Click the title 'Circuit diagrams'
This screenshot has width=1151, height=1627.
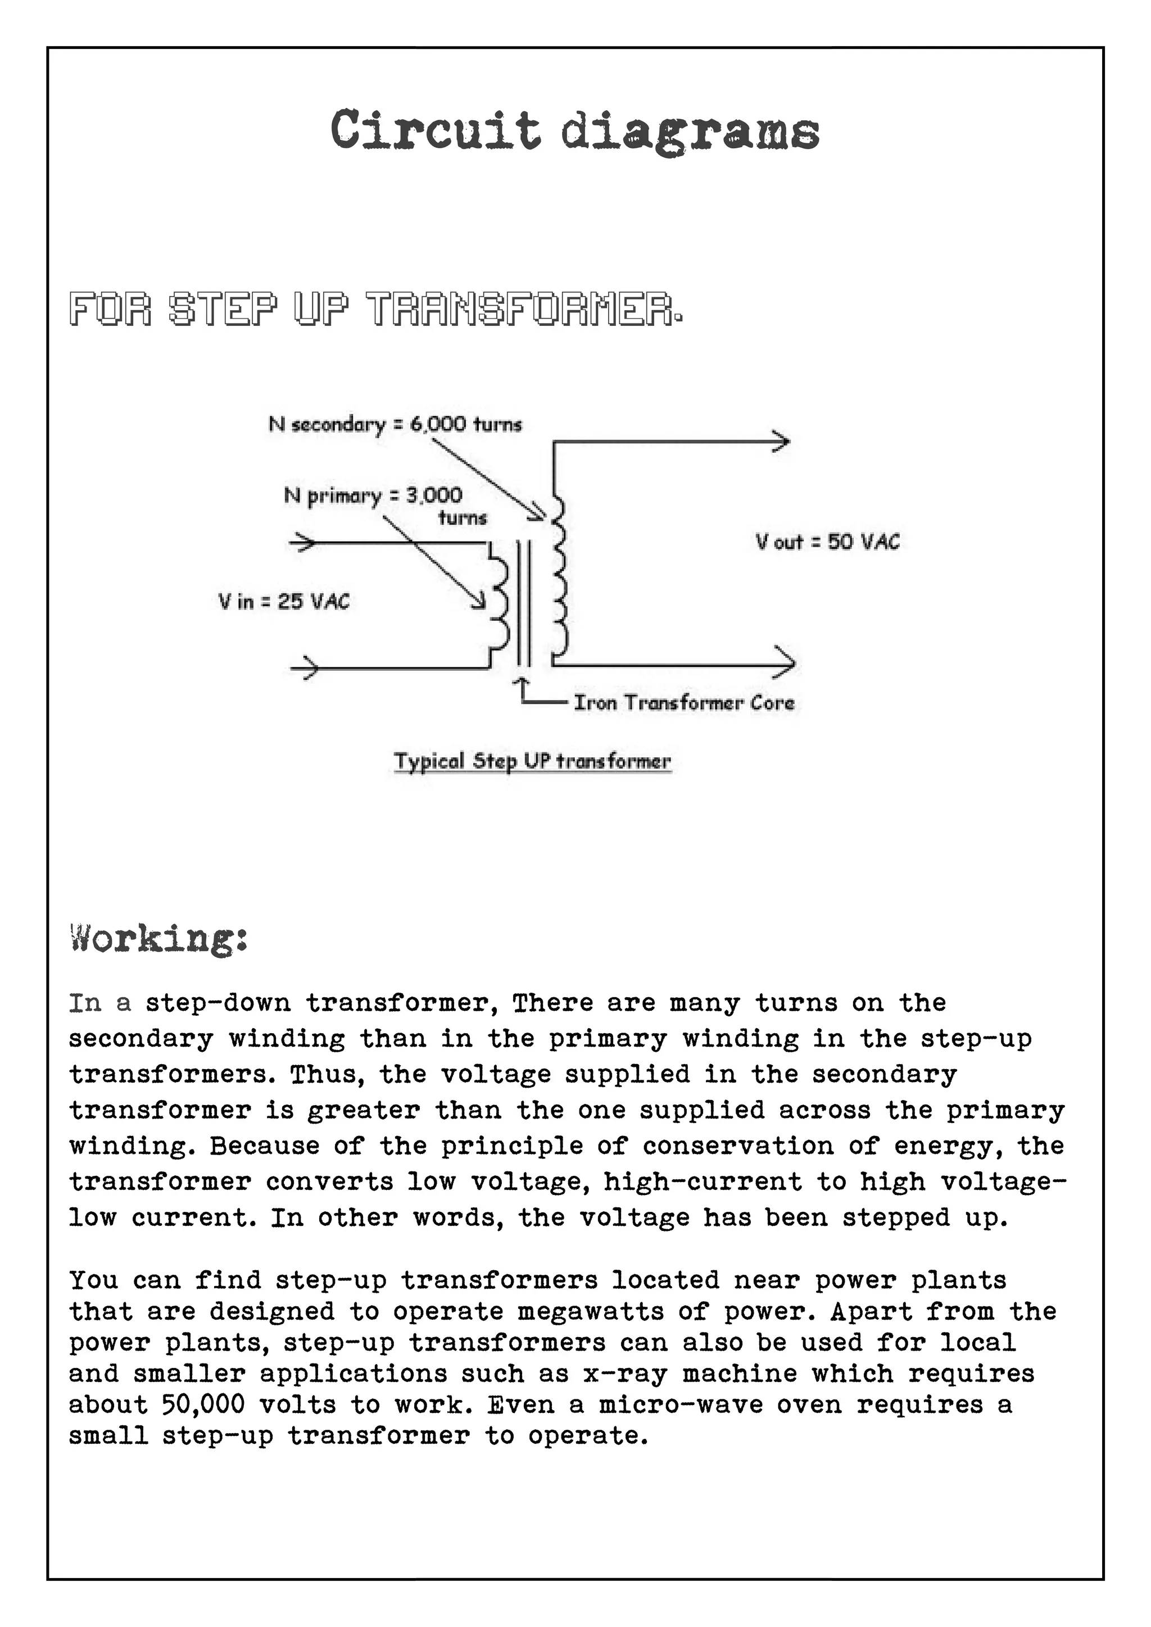pyautogui.click(x=575, y=131)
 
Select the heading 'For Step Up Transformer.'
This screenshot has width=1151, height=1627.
pyautogui.click(x=375, y=309)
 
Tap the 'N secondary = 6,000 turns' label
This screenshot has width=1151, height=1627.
pyautogui.click(x=395, y=425)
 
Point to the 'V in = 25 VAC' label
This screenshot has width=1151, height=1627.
pyautogui.click(x=283, y=602)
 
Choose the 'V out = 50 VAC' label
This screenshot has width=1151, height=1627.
pyautogui.click(x=827, y=542)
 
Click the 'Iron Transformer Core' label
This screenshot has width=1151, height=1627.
pyautogui.click(x=683, y=702)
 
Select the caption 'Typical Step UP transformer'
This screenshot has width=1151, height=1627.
pyautogui.click(x=532, y=761)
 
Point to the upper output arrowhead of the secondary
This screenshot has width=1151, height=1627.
pyautogui.click(x=780, y=442)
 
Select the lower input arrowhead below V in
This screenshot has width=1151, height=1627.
pyautogui.click(x=306, y=667)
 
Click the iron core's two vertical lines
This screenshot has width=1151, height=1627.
pyautogui.click(x=523, y=602)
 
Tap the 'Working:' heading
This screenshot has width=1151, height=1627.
pyautogui.click(x=158, y=939)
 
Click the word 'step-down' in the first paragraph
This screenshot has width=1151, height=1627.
pyautogui.click(x=218, y=1003)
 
